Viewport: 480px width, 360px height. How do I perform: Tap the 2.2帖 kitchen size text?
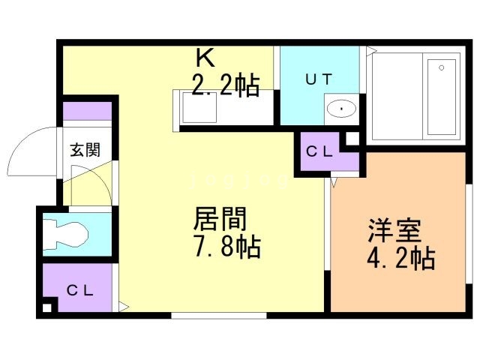click(226, 85)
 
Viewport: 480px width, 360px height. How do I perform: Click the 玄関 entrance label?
click(85, 148)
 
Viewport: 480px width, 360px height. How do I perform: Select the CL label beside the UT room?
click(319, 151)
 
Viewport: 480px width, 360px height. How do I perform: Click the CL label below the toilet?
click(79, 289)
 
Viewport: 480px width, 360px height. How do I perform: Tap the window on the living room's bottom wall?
click(220, 315)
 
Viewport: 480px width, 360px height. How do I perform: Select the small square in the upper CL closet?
click(350, 137)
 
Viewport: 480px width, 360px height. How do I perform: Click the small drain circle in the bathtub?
click(442, 68)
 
